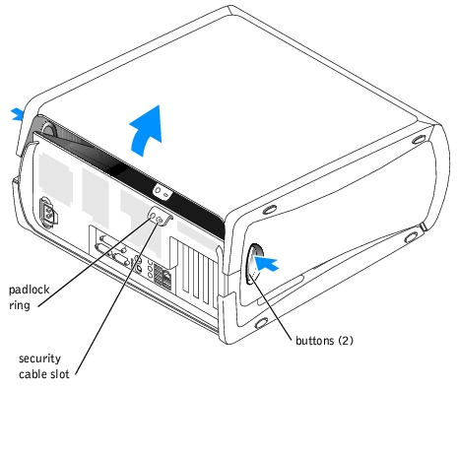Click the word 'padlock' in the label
tap(29, 290)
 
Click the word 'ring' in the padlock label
tap(20, 305)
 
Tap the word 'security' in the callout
tap(39, 358)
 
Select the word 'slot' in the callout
tap(60, 374)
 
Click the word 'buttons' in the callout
tap(314, 341)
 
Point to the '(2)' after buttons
tap(346, 341)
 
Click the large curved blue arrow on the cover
tap(146, 131)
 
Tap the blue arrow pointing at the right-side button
tap(266, 263)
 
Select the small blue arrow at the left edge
tap(17, 115)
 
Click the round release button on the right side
tap(255, 264)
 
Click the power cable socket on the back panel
tap(48, 212)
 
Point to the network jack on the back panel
tap(167, 279)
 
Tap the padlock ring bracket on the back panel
tap(160, 217)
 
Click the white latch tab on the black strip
tap(163, 192)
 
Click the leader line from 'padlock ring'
tap(95, 262)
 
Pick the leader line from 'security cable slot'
tap(118, 297)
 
